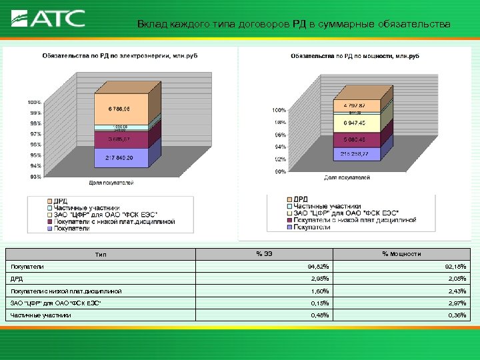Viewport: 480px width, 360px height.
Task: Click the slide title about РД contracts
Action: pyautogui.click(x=293, y=25)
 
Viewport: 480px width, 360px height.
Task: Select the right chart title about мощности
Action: pyautogui.click(x=354, y=57)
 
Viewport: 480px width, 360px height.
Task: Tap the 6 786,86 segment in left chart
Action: pyautogui.click(x=119, y=109)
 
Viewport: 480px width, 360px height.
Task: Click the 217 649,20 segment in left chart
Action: pyautogui.click(x=119, y=159)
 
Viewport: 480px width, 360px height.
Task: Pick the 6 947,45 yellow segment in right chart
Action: pyautogui.click(x=359, y=124)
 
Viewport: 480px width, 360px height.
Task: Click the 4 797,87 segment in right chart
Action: pyautogui.click(x=359, y=105)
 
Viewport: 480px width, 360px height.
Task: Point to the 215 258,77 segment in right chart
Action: pyautogui.click(x=359, y=154)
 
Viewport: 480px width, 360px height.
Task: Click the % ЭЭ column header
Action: pyautogui.click(x=263, y=253)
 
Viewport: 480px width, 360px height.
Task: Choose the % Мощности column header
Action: pyautogui.click(x=401, y=253)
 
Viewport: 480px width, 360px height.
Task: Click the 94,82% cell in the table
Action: pyautogui.click(x=320, y=267)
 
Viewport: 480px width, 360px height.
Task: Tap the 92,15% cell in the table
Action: pyautogui.click(x=456, y=267)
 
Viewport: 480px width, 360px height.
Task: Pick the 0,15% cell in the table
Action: pyautogui.click(x=320, y=303)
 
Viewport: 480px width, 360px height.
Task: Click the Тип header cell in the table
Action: pyautogui.click(x=100, y=254)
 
